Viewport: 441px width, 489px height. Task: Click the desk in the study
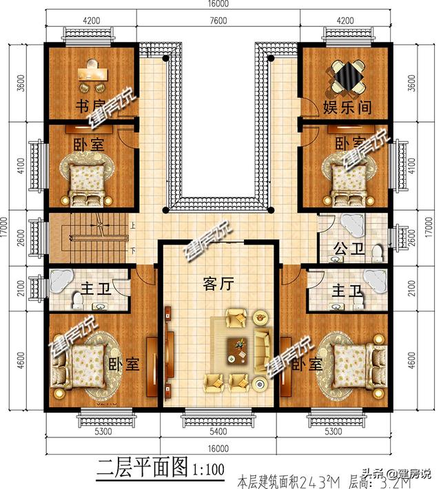93,72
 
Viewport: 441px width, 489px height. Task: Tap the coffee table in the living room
239,350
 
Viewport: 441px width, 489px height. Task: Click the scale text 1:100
205,471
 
